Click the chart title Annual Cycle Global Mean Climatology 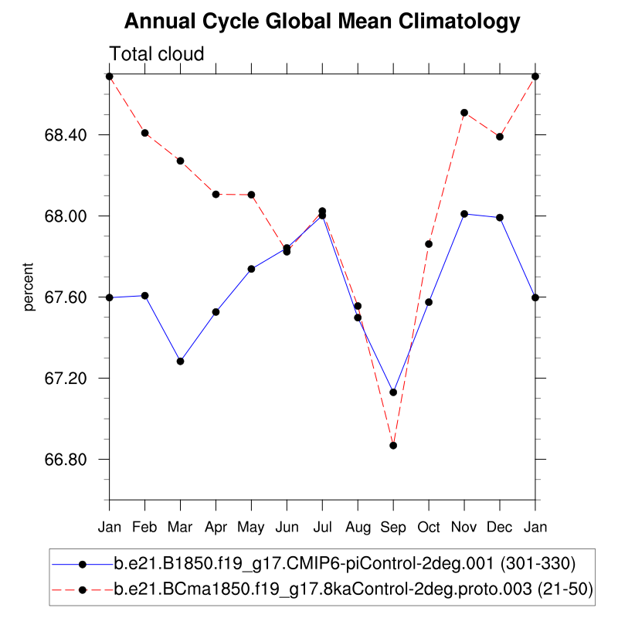coord(322,22)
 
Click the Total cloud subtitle coord(157,54)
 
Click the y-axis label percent coord(29,287)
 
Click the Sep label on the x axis coord(393,527)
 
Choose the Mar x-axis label coord(180,527)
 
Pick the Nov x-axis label coord(464,527)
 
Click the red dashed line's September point coord(393,446)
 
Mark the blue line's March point coord(180,362)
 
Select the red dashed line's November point coord(464,113)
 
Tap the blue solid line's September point coord(393,392)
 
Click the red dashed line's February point coord(144,133)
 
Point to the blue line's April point coord(216,312)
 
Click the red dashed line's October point coord(429,244)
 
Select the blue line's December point coord(500,218)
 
